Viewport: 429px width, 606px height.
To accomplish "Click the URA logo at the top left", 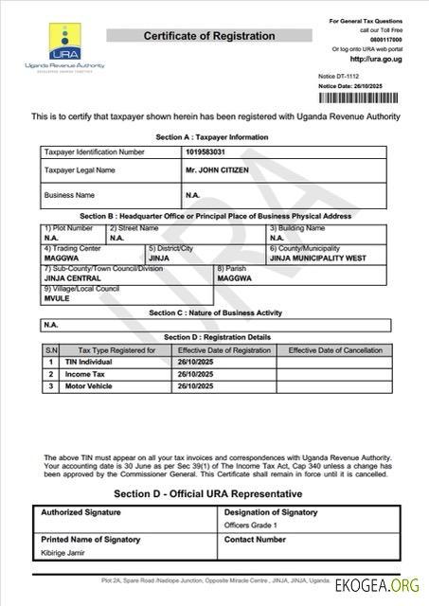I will [64, 45].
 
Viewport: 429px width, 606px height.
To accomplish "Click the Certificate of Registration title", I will [209, 36].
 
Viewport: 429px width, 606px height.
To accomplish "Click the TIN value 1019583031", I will [207, 151].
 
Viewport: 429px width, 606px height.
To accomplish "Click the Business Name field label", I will [69, 195].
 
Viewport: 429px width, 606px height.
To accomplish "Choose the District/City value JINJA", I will [159, 257].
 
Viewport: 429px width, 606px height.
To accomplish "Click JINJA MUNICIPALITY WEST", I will [317, 257].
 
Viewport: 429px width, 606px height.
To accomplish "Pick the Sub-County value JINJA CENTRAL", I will [73, 279].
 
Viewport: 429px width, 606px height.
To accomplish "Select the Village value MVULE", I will [58, 297].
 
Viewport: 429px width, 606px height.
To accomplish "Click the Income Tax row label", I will [84, 374].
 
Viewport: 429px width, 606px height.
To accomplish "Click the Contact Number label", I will [255, 540].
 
